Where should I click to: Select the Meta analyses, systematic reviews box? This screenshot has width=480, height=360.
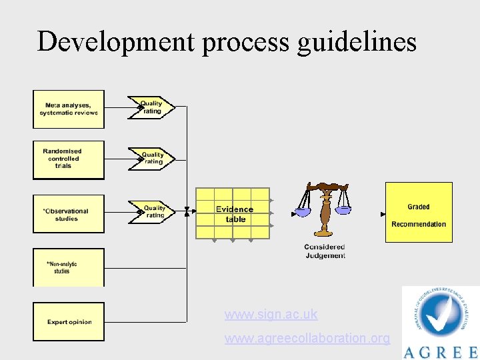click(x=69, y=109)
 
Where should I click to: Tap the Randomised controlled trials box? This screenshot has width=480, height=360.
click(x=69, y=159)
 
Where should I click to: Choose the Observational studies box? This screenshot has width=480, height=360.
click(x=69, y=214)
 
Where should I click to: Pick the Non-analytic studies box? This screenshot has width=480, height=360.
click(x=69, y=267)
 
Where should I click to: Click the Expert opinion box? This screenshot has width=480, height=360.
click(x=69, y=322)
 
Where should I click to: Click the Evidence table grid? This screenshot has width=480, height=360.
click(x=233, y=214)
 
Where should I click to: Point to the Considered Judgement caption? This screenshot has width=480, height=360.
click(x=325, y=251)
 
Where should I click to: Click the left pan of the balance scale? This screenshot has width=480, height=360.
click(x=303, y=212)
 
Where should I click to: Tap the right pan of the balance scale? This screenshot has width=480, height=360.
click(x=343, y=209)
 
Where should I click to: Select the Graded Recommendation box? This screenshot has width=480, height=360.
click(x=419, y=212)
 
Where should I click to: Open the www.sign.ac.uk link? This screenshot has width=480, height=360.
click(x=271, y=314)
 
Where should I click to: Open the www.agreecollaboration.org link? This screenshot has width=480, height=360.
click(x=307, y=338)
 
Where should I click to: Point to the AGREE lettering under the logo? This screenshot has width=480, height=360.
click(x=441, y=351)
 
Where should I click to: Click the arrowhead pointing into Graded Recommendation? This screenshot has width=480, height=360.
click(x=383, y=214)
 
